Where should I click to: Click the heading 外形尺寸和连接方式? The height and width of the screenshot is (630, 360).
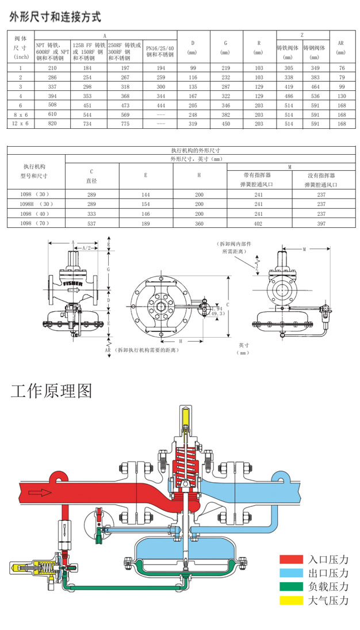coord(55,17)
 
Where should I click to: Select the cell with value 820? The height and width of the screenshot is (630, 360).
coord(52,123)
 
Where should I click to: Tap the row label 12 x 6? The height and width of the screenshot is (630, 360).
coord(20,123)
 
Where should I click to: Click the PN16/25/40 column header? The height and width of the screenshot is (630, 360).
coord(159,52)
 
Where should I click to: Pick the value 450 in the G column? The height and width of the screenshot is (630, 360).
coord(225,123)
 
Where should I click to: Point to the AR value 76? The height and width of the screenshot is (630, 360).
coord(342,68)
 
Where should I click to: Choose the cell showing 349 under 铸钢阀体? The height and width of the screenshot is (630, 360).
coord(315,68)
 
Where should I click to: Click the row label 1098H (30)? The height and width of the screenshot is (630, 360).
coord(36,204)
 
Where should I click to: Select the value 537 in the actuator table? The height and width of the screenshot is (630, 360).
coord(91,222)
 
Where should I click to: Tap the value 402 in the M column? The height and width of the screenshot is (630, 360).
coord(259,222)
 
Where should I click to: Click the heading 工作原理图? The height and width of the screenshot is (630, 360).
coord(51,391)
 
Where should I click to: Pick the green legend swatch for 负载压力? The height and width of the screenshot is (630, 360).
coord(291,587)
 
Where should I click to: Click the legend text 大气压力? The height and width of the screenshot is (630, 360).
coord(328,601)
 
